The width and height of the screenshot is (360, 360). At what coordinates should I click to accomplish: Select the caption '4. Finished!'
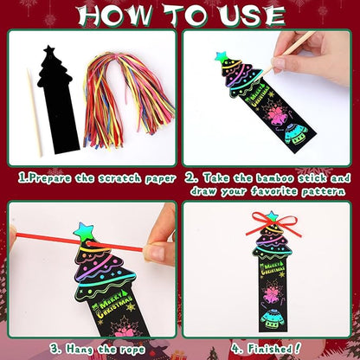click(265, 350)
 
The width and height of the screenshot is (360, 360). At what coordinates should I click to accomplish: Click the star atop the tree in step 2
click(221, 58)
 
